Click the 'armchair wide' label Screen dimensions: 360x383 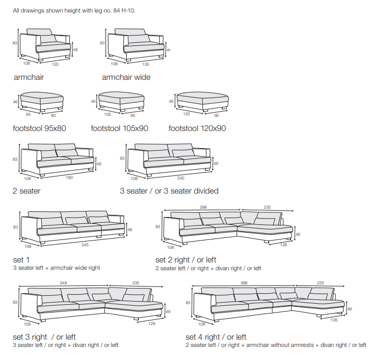point(126,77)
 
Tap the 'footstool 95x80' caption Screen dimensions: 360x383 point(39,128)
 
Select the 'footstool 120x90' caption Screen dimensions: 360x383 point(197,128)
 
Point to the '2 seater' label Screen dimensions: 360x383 point(27,191)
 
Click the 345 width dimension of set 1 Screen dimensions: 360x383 point(84,245)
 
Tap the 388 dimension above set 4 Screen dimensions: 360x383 point(244,282)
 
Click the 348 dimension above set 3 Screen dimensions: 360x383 point(64,282)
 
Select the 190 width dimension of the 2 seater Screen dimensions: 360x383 point(69,177)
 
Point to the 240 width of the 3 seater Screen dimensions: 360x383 point(181,177)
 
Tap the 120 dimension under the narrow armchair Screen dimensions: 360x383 point(55,64)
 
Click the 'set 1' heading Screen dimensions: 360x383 point(21,259)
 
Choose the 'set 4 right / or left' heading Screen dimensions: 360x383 point(216,337)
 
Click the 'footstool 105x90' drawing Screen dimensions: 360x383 point(121,101)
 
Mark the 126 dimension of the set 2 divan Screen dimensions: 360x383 point(284,245)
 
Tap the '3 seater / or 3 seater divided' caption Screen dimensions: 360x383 point(169,191)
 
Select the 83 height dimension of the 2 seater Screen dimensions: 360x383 point(16,159)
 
